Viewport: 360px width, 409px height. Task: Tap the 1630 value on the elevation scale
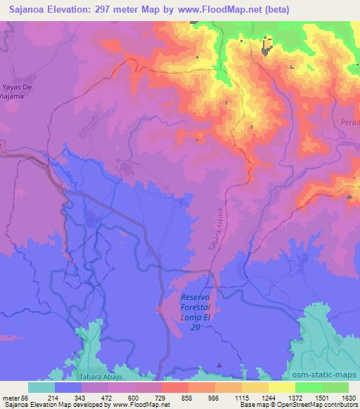tap(348, 397)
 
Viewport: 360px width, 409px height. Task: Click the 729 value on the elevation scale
tap(162, 397)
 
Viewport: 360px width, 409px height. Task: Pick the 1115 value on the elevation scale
tap(242, 397)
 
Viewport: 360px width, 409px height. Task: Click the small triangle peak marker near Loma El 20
tap(219, 365)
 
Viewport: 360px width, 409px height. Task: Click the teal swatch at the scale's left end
tap(41, 387)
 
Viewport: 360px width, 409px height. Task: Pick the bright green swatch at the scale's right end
tap(335, 387)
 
